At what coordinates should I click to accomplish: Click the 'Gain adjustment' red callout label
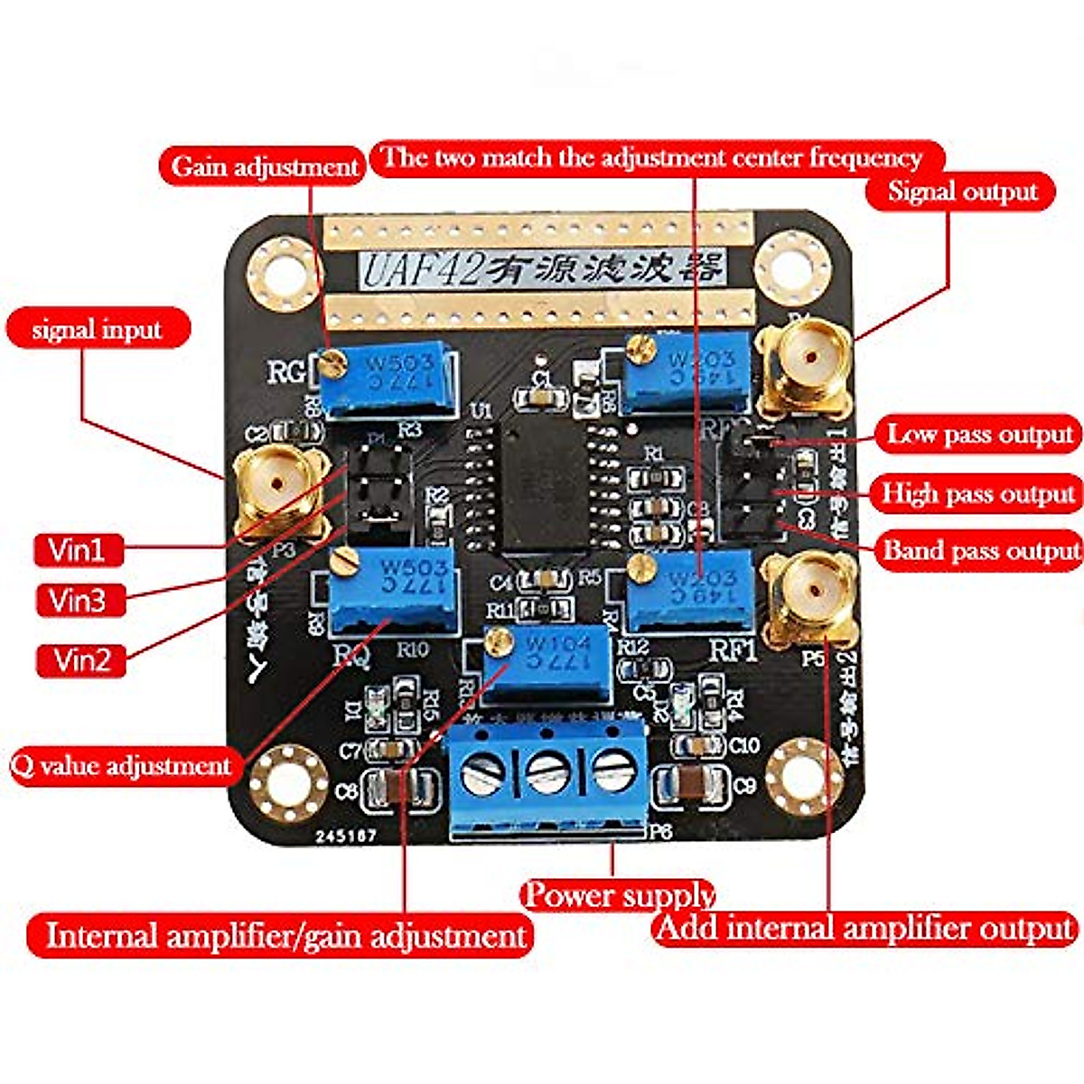(x=264, y=167)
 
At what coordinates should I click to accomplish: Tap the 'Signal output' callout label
(x=961, y=192)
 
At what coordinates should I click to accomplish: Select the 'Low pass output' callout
(x=978, y=435)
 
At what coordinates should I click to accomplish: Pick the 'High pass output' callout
(x=978, y=493)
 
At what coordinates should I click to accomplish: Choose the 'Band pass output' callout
(x=980, y=550)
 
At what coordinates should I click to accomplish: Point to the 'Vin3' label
(x=79, y=600)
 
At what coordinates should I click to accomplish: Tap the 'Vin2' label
(x=81, y=659)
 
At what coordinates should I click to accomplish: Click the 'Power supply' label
(x=619, y=895)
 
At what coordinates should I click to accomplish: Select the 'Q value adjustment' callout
(x=122, y=766)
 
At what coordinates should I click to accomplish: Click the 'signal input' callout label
(x=98, y=330)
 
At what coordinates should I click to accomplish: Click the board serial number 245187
(x=346, y=836)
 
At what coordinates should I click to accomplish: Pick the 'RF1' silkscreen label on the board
(x=733, y=650)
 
